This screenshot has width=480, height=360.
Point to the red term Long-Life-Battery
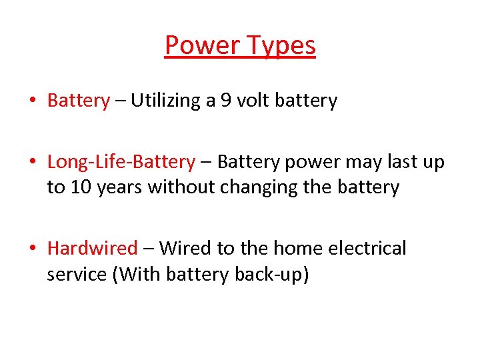(x=121, y=162)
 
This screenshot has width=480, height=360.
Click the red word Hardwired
(x=92, y=249)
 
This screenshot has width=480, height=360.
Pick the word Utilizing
(x=165, y=101)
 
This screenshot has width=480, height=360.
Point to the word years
(x=120, y=187)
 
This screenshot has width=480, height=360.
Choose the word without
(x=179, y=187)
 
